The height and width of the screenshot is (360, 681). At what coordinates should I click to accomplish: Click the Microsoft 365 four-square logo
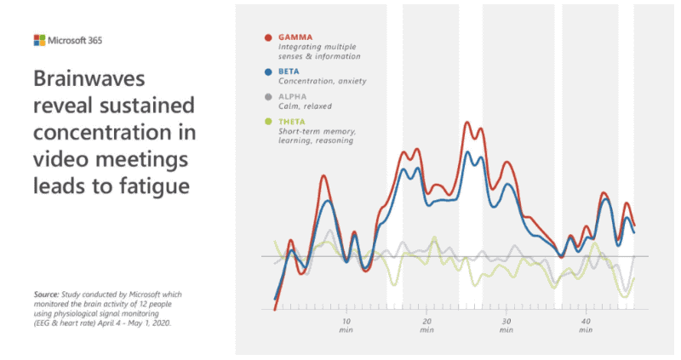pos(39,40)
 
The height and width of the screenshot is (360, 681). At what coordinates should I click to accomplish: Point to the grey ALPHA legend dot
pos(268,97)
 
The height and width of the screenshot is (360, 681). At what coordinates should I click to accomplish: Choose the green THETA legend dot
pos(268,122)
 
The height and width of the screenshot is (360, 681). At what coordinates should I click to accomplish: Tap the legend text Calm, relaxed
pos(306,106)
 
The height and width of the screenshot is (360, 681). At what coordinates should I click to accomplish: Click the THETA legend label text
pos(294,122)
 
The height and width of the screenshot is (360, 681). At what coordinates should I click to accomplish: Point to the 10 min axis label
pos(346,325)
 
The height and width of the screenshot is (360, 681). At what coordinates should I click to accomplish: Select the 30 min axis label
pos(506,325)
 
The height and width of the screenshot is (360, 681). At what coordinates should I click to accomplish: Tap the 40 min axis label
pos(587,325)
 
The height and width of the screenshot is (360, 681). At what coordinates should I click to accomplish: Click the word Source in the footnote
pos(47,294)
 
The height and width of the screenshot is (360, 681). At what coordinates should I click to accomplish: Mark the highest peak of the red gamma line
pos(467,123)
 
